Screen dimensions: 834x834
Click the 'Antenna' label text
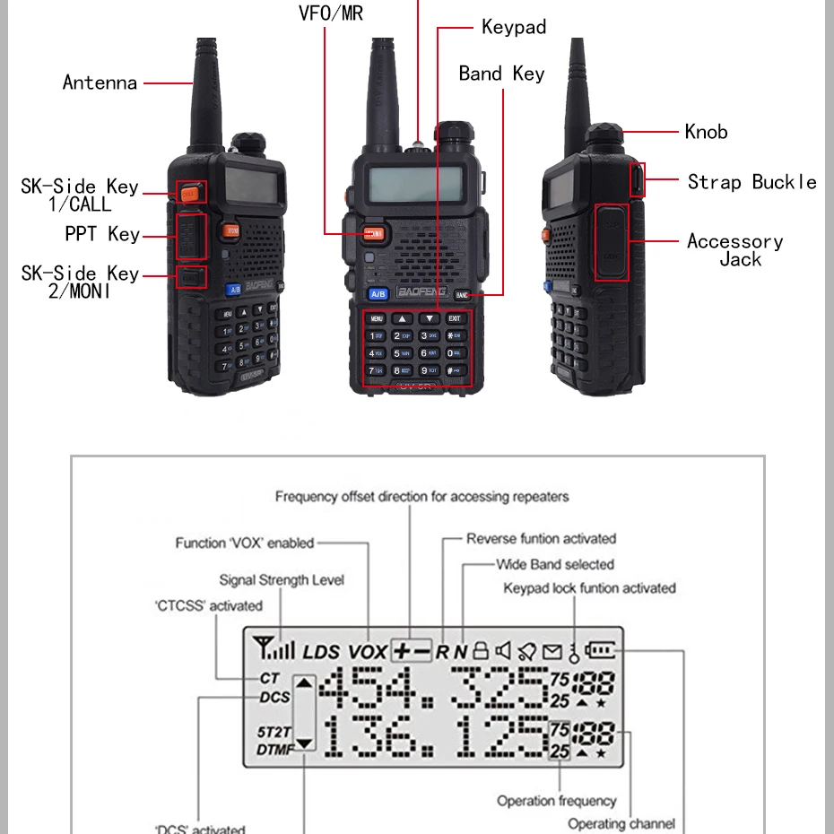[100, 83]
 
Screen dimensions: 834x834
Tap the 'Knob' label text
[706, 132]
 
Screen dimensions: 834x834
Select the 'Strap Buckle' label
[751, 182]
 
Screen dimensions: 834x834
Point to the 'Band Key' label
[501, 74]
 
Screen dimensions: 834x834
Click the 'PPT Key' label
[102, 234]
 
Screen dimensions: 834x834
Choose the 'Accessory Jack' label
[735, 250]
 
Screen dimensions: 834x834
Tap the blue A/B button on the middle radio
[378, 294]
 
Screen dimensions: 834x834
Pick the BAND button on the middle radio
[463, 294]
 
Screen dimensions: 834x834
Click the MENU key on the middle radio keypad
[377, 318]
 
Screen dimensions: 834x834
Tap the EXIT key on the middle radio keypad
[455, 318]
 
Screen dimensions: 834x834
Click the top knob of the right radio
[604, 137]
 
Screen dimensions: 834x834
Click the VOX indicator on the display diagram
[368, 652]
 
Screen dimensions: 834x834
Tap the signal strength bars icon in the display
[275, 647]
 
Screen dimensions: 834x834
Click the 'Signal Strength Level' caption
[282, 580]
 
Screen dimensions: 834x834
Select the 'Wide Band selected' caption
[555, 564]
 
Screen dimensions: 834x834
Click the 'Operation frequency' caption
[557, 801]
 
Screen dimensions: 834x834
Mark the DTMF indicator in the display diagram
[274, 749]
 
